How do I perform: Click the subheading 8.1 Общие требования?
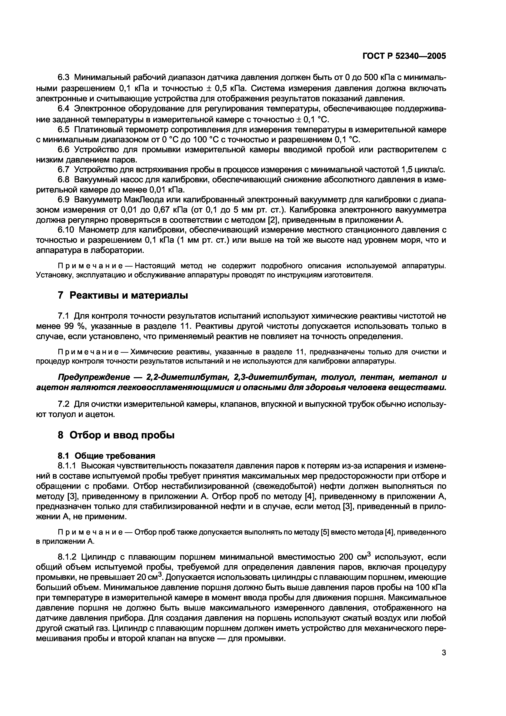coord(107,456)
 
